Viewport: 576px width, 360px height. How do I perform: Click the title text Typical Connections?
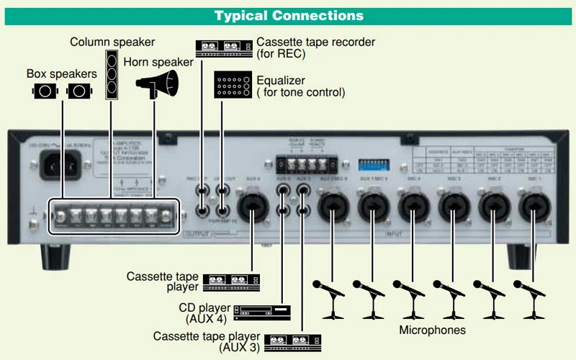pos(289,15)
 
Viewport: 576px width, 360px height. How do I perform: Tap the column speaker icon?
pos(111,73)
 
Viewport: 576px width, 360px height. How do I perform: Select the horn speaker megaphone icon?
pos(156,85)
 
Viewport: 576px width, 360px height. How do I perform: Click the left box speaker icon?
pos(45,91)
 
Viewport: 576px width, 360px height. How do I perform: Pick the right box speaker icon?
pos(79,91)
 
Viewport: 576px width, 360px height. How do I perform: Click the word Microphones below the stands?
pos(432,330)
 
